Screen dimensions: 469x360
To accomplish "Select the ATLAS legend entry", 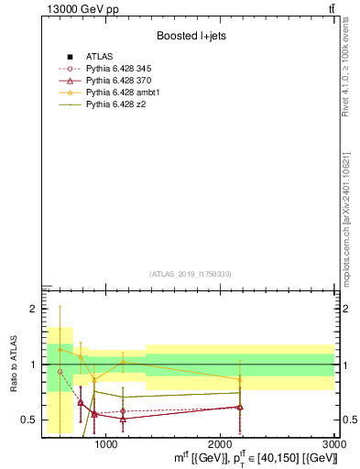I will (x=100, y=57).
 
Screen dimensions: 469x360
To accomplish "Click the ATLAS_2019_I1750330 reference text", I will (x=191, y=274).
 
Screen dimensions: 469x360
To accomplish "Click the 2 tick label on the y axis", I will (x=31, y=310).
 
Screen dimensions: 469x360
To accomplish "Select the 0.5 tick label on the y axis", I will (x=27, y=420).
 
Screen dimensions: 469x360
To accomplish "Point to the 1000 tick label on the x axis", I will (x=105, y=444).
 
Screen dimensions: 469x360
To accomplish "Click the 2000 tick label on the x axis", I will (x=220, y=444).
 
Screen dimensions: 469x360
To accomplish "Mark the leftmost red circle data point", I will (x=60, y=372).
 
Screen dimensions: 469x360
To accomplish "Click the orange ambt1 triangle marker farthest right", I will (x=240, y=379).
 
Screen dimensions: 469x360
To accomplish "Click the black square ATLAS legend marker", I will (x=70, y=57).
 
